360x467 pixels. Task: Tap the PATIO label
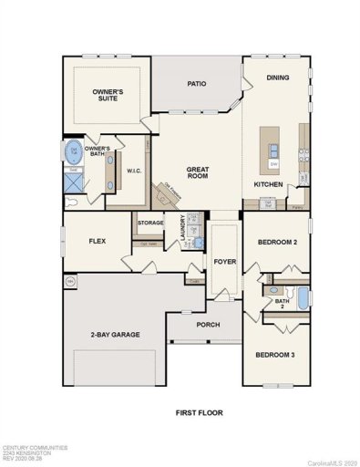tap(197, 84)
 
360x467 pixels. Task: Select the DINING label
tap(277, 78)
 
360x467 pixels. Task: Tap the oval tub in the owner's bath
tap(73, 150)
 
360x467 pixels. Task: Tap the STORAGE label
tap(150, 223)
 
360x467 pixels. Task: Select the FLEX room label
tap(98, 242)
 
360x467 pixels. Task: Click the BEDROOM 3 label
tap(275, 354)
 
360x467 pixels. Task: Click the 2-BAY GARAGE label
tap(114, 335)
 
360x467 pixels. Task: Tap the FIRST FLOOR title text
tap(199, 412)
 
